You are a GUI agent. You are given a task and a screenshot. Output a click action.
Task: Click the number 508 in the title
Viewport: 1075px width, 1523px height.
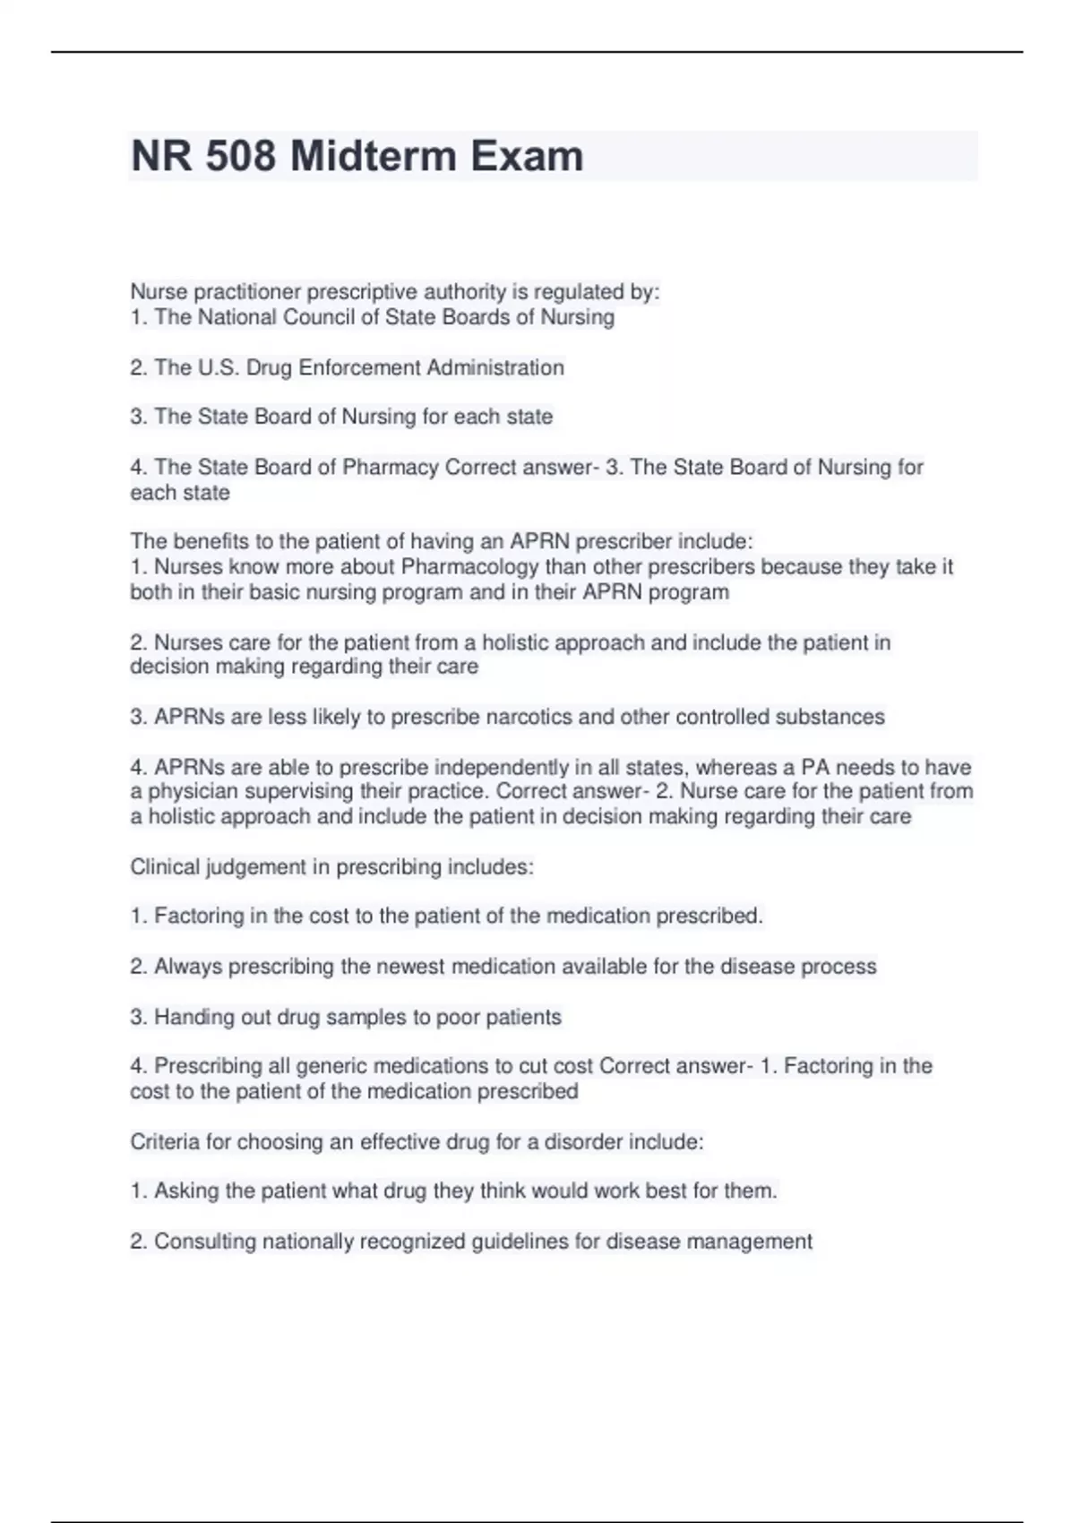tap(240, 157)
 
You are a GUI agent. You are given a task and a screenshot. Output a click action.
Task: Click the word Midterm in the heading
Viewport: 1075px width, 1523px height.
tap(374, 157)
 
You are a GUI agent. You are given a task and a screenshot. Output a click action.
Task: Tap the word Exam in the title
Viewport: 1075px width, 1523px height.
tap(527, 157)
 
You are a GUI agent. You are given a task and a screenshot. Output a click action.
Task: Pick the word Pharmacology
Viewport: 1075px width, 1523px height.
tap(470, 567)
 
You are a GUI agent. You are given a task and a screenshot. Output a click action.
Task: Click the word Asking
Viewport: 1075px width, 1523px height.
tap(186, 1191)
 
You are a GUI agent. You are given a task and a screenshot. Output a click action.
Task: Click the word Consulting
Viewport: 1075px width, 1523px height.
tap(205, 1242)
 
